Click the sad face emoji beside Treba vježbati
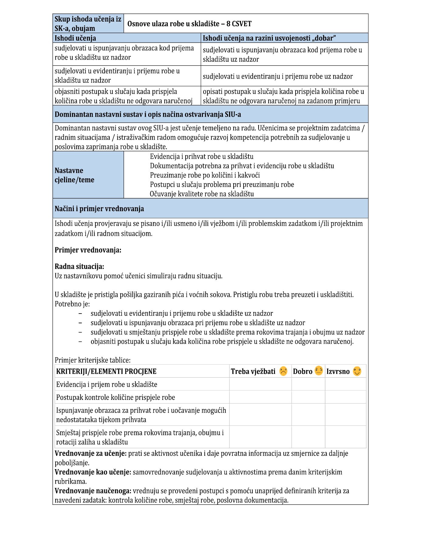pyautogui.click(x=283, y=371)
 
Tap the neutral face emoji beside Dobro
pyautogui.click(x=319, y=371)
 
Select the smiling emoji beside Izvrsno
pyautogui.click(x=357, y=371)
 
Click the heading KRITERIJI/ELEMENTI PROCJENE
pyautogui.click(x=106, y=371)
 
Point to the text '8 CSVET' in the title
pyautogui.click(x=239, y=24)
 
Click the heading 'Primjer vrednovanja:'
pyautogui.click(x=88, y=250)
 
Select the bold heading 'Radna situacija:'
pyautogui.click(x=79, y=266)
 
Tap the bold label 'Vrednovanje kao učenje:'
pyautogui.click(x=93, y=472)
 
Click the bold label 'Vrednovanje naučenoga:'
pyautogui.click(x=93, y=491)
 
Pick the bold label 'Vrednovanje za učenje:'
pyautogui.click(x=91, y=453)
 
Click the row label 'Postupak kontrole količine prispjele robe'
pyautogui.click(x=115, y=397)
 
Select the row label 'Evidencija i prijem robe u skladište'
pyautogui.click(x=107, y=384)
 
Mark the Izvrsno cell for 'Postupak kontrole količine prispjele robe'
pyautogui.click(x=345, y=397)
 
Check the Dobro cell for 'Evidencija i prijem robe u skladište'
pyautogui.click(x=308, y=384)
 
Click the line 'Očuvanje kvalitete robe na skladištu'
pyautogui.click(x=202, y=194)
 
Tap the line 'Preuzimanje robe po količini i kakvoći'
pyautogui.click(x=205, y=175)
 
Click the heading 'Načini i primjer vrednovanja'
pyautogui.click(x=99, y=209)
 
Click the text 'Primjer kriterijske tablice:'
pyautogui.click(x=93, y=360)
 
